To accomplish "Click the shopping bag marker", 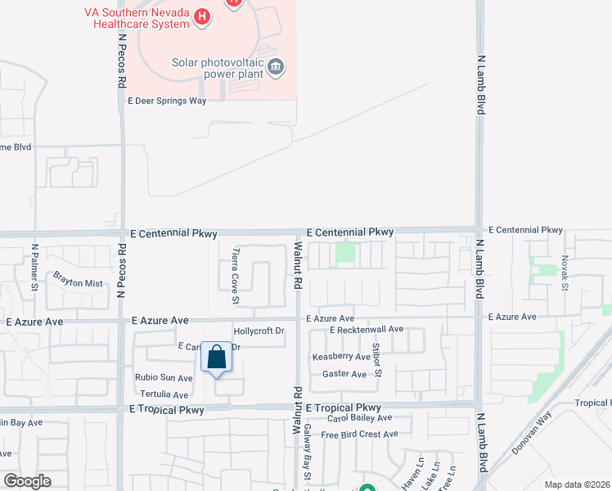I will [216, 358].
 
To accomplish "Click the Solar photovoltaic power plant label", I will [217, 69].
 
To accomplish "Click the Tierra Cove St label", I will [236, 276].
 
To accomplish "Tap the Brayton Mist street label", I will [79, 283].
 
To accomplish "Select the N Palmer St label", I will [35, 267].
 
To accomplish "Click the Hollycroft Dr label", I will [259, 331].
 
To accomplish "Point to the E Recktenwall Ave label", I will [367, 330].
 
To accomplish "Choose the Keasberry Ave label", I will [341, 358].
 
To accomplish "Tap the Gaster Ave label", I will [344, 374].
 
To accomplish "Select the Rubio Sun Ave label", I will [164, 378].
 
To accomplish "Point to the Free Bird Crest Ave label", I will [359, 435].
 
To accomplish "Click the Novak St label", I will [565, 271].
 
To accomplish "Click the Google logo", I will [27, 481].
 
